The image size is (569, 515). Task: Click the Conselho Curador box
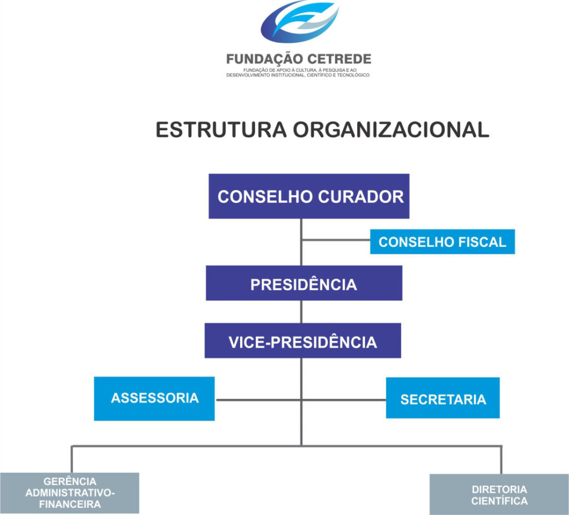click(x=309, y=196)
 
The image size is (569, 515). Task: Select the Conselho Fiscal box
click(x=442, y=241)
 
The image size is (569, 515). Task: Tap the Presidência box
click(x=304, y=283)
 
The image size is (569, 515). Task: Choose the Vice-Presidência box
click(x=303, y=341)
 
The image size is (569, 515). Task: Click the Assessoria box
click(x=154, y=398)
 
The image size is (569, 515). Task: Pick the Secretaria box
click(x=443, y=398)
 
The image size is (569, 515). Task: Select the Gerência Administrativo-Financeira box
click(x=69, y=493)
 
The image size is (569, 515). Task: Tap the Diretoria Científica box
click(x=500, y=494)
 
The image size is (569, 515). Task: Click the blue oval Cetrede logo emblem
click(x=300, y=21)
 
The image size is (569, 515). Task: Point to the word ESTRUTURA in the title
click(x=221, y=130)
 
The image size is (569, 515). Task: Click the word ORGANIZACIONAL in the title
click(x=391, y=130)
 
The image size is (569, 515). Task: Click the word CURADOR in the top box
click(x=361, y=196)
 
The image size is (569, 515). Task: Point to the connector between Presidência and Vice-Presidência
click(x=301, y=311)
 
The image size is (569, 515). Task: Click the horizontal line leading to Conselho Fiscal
click(x=336, y=240)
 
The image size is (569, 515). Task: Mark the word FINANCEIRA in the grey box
click(x=70, y=504)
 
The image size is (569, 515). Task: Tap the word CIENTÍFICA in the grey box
click(x=500, y=501)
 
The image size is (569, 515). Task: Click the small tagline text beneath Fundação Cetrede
click(x=298, y=72)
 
